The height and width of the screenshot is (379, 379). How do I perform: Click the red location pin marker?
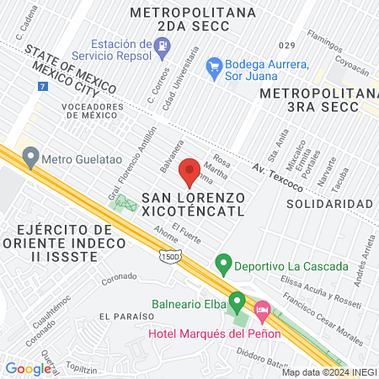tap(189, 172)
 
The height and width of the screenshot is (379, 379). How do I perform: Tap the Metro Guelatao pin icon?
tap(31, 155)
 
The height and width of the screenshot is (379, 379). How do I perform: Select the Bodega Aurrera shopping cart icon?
tap(214, 64)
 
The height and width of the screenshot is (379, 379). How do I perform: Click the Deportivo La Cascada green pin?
tap(223, 264)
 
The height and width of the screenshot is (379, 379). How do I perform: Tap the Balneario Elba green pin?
tap(238, 300)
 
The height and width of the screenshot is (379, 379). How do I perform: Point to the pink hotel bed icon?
tap(262, 312)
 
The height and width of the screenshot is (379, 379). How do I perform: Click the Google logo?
tap(28, 368)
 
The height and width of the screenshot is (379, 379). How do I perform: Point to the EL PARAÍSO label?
tap(125, 316)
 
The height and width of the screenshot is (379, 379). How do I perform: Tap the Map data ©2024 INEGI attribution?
tap(328, 371)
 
